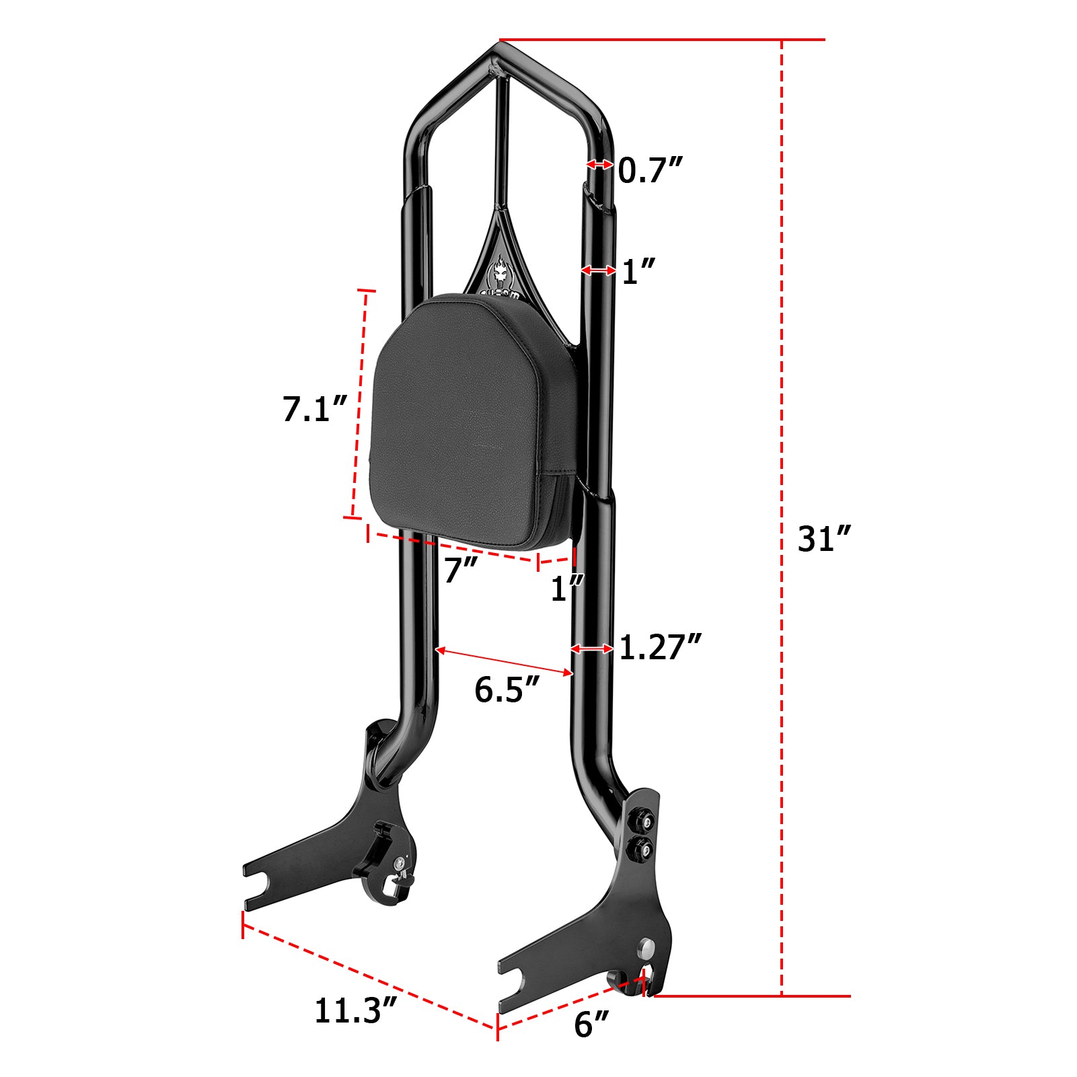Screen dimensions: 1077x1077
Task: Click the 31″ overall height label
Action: click(824, 539)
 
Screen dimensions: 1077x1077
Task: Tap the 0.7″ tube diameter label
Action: click(650, 170)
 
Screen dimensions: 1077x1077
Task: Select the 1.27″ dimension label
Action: click(659, 647)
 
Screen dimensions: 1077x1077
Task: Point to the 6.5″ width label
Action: click(506, 690)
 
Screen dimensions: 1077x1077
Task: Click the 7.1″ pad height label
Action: click(314, 408)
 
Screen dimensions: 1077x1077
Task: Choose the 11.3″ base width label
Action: click(355, 1010)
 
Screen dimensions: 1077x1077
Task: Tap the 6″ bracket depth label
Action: click(591, 1024)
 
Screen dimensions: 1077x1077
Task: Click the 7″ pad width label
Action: click(461, 570)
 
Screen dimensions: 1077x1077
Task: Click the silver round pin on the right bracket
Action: click(647, 948)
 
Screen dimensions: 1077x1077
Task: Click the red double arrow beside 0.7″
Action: click(599, 164)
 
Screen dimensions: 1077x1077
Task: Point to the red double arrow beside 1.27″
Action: click(592, 648)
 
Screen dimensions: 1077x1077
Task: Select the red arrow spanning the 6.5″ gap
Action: click(505, 661)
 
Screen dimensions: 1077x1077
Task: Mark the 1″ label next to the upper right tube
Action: click(638, 272)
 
